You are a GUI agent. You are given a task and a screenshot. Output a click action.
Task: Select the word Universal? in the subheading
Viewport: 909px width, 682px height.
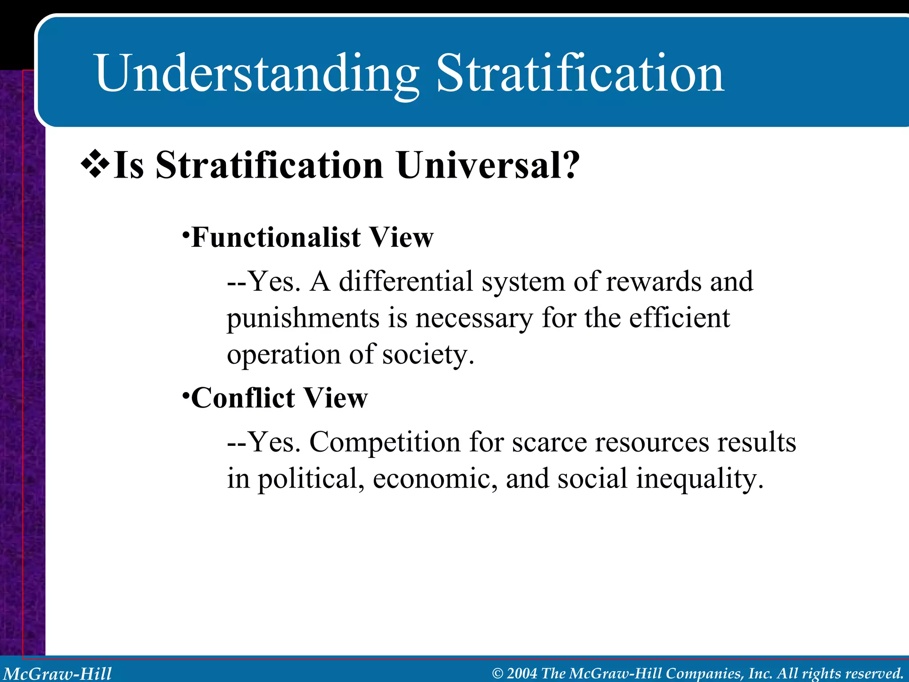(488, 166)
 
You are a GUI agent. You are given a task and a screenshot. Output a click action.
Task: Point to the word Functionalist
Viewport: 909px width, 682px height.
(276, 238)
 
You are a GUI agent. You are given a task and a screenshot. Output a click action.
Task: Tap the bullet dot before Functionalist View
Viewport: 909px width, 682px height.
(186, 233)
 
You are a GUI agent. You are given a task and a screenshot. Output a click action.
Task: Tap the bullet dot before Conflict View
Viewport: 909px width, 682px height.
(186, 393)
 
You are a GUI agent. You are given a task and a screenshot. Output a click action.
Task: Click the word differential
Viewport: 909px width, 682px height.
(406, 282)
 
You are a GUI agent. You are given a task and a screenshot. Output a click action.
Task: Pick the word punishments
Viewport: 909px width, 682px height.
(303, 318)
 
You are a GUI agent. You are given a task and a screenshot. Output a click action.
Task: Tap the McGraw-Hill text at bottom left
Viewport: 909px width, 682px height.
(57, 673)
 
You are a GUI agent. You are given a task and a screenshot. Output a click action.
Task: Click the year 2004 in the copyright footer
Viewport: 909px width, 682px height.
(522, 673)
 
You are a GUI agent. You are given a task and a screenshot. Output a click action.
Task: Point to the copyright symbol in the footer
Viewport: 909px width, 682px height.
(498, 674)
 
